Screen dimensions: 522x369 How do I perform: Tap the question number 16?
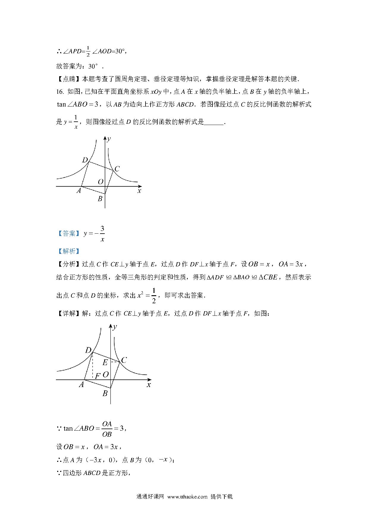[x=60, y=92]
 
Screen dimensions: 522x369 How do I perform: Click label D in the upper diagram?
[x=85, y=160]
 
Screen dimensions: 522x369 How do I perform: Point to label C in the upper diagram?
[x=117, y=169]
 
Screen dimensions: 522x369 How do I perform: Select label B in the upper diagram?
[x=100, y=199]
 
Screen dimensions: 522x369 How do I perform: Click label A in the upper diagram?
[x=79, y=191]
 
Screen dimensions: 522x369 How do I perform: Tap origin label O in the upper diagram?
[x=101, y=182]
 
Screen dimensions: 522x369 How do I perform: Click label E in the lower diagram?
[x=105, y=362]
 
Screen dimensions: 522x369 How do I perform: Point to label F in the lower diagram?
[x=97, y=376]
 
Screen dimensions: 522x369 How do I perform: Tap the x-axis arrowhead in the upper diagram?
[x=139, y=187]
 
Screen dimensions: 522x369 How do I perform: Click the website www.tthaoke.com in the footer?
[x=187, y=496]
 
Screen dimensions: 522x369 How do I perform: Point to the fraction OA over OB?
[x=107, y=429]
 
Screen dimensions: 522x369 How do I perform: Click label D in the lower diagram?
[x=88, y=350]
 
